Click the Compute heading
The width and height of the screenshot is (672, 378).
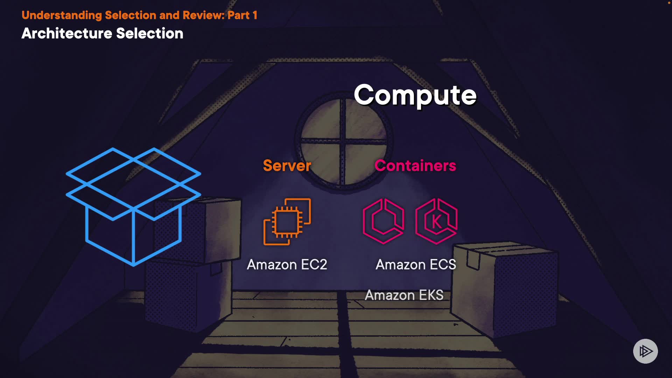pyautogui.click(x=415, y=95)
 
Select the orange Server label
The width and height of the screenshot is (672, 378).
pyautogui.click(x=287, y=166)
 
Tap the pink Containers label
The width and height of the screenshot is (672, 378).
pyautogui.click(x=415, y=166)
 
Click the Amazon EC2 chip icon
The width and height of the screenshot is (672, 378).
pyautogui.click(x=287, y=222)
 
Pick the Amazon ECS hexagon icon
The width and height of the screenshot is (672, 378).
pyautogui.click(x=383, y=221)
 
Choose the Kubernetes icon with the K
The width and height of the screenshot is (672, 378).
pyautogui.click(x=436, y=221)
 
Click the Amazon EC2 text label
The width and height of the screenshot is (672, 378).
pyautogui.click(x=287, y=265)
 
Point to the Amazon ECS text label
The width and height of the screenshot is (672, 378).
pyautogui.click(x=416, y=265)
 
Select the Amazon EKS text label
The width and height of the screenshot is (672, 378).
pyautogui.click(x=404, y=295)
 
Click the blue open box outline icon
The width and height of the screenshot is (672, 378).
pyautogui.click(x=133, y=206)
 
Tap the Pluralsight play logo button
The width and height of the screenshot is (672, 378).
pyautogui.click(x=645, y=351)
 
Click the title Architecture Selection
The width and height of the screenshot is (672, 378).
pyautogui.click(x=102, y=34)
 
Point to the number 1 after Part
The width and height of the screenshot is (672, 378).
pyautogui.click(x=255, y=15)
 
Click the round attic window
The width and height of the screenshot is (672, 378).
pyautogui.click(x=344, y=142)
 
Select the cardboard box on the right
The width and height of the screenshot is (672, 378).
pyautogui.click(x=504, y=287)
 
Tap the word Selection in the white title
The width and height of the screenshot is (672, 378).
pyautogui.click(x=149, y=34)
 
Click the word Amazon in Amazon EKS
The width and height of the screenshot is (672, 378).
pyautogui.click(x=390, y=295)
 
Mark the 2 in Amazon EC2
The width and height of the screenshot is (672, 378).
pyautogui.click(x=323, y=265)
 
